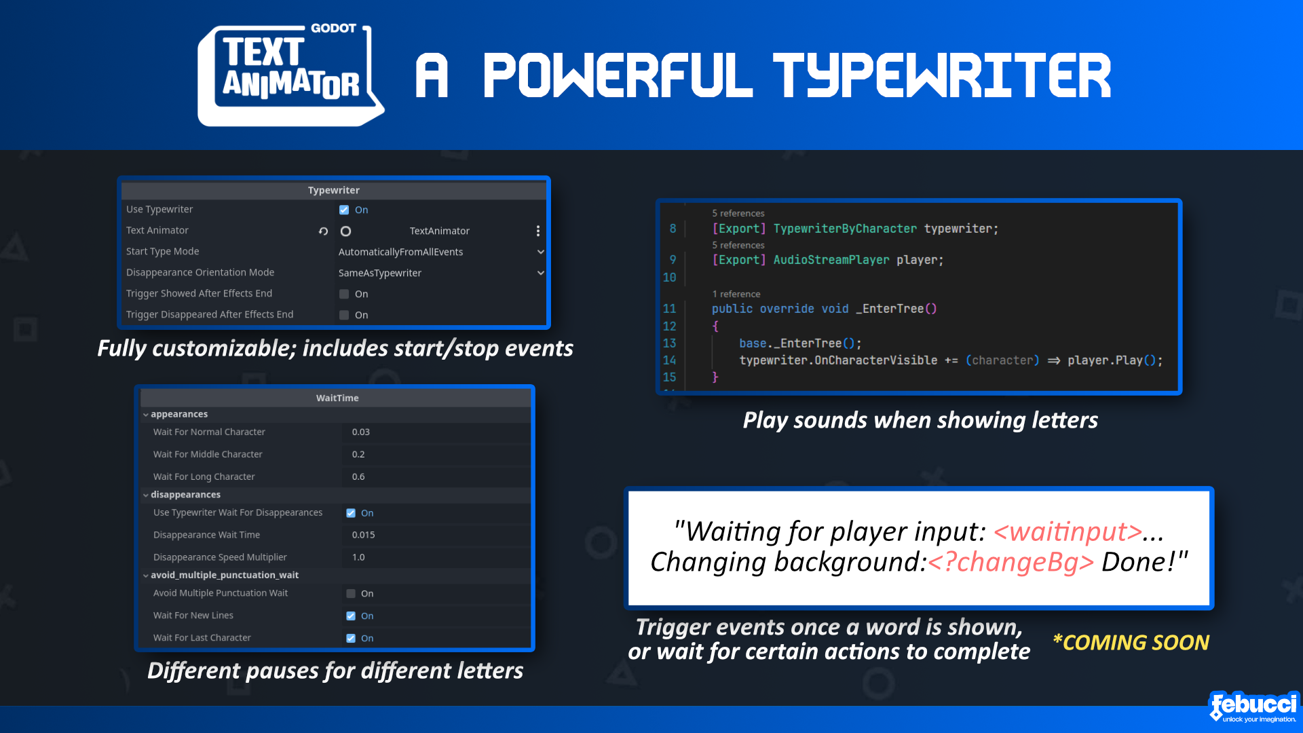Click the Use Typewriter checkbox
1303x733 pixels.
[344, 210]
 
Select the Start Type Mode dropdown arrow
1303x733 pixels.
[541, 252]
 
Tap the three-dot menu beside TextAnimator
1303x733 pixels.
[538, 231]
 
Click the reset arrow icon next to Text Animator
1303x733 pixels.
[323, 231]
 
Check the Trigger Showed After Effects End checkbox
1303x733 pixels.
[344, 294]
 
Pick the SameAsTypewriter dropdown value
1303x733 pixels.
[380, 273]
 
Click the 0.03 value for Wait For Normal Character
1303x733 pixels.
[361, 432]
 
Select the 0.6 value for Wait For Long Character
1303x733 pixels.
[358, 476]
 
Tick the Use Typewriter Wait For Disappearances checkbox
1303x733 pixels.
[351, 513]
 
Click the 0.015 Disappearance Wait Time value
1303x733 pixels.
[363, 535]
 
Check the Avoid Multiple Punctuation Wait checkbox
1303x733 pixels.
[351, 593]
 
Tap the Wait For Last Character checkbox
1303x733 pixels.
[351, 638]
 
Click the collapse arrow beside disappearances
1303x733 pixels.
[145, 495]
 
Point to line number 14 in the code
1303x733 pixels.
[669, 360]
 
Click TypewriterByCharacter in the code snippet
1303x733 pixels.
[845, 229]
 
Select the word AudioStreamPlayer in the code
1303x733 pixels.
[831, 260]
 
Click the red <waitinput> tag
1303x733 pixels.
[1068, 531]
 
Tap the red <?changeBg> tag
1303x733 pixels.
[1011, 562]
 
